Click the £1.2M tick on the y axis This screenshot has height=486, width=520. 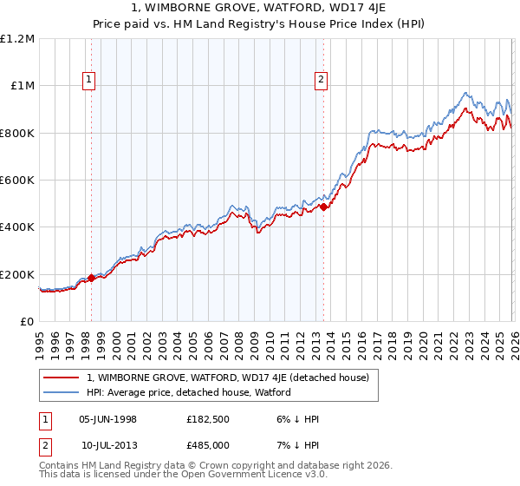click(17, 38)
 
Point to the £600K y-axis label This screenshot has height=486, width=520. click(17, 180)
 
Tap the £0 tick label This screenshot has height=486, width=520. click(27, 321)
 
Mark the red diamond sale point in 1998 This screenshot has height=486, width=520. click(91, 278)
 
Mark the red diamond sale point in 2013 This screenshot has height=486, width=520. click(323, 207)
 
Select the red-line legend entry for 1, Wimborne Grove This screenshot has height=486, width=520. click(228, 378)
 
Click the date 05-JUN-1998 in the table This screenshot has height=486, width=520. click(107, 419)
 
